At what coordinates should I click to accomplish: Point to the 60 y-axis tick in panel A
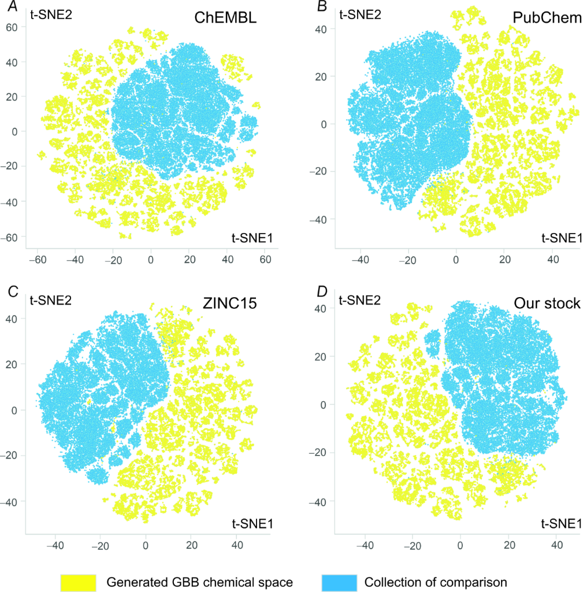11,27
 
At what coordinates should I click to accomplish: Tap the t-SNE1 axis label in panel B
560,238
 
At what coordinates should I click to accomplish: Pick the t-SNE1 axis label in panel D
560,524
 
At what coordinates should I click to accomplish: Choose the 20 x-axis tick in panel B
504,260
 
